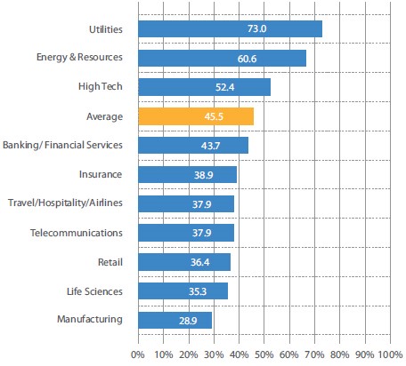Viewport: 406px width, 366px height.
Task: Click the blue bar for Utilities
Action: pyautogui.click(x=230, y=29)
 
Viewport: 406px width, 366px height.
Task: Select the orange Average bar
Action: pyautogui.click(x=196, y=116)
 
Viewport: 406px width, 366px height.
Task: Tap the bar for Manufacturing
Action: pyautogui.click(x=175, y=320)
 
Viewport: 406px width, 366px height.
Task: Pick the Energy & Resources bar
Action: pyautogui.click(x=222, y=58)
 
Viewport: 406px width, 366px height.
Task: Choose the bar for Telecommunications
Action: pyautogui.click(x=186, y=233)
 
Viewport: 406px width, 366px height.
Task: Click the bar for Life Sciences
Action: pyautogui.click(x=183, y=290)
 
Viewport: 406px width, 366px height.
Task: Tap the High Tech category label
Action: pyautogui.click(x=101, y=87)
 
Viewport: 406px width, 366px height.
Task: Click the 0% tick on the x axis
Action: pyautogui.click(x=137, y=354)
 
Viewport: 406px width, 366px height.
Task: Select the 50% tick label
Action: pyautogui.click(x=264, y=354)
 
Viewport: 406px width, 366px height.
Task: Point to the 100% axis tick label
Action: pyautogui.click(x=389, y=354)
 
